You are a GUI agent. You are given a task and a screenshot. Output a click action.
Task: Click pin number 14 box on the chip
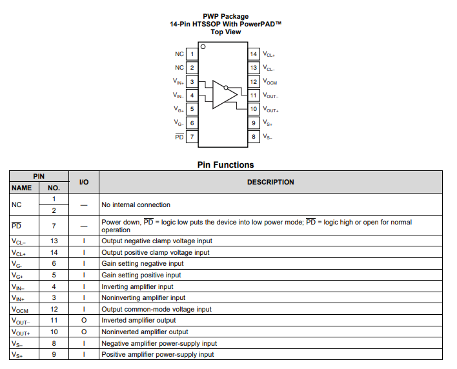coord(254,54)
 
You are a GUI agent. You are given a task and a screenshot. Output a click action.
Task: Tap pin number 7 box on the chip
coord(192,137)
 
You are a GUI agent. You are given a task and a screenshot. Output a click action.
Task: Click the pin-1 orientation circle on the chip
coord(203,46)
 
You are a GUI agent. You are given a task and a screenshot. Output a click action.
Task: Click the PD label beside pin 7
coord(179,137)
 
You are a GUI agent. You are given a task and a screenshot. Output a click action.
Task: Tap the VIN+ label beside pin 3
coord(179,82)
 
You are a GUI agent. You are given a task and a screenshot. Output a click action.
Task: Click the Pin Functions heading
coord(225,165)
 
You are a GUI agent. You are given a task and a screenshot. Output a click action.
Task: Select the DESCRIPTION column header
coord(270,182)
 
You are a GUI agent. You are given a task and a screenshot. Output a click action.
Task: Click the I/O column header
coord(84,182)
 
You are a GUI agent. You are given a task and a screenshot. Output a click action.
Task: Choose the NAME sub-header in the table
coord(22,188)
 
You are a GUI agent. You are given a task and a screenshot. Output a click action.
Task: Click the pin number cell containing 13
coord(54,241)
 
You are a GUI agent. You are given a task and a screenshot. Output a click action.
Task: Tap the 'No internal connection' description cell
coord(136,204)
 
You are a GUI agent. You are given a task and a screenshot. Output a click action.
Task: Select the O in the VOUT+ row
coord(84,332)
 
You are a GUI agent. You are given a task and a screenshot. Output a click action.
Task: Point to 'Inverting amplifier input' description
coord(137,286)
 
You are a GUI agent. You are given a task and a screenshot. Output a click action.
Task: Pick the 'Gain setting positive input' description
coord(141,275)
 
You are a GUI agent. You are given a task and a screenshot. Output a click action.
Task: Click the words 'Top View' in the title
coord(225,32)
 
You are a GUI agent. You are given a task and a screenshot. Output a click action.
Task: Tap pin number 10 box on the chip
coord(254,110)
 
